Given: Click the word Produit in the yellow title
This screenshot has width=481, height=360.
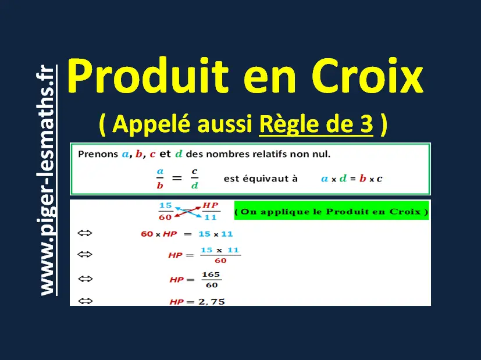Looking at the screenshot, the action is tap(148, 76).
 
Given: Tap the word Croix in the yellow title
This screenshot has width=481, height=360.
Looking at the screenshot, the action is tap(368, 76).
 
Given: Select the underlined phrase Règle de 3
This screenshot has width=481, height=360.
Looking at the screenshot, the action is tap(316, 124).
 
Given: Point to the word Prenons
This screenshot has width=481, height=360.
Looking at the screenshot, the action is tap(98, 154).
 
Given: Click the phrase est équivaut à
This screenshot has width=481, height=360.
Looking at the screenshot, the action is tap(261, 179).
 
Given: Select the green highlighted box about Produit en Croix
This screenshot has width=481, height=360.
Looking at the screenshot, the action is tap(332, 211).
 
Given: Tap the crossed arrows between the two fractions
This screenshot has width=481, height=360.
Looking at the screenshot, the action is tap(188, 212).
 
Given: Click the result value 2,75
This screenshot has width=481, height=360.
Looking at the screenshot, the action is tap(212, 302).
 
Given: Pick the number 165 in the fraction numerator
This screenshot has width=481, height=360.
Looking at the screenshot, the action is tap(211, 275).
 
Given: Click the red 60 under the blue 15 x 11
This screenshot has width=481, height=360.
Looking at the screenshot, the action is tap(220, 261).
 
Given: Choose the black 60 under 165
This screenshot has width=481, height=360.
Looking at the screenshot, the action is tap(212, 285).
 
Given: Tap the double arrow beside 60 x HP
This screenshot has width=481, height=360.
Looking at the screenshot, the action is tap(85, 233).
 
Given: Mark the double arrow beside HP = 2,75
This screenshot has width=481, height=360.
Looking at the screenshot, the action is tap(85, 301).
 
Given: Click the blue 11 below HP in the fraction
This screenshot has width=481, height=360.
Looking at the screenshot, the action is tap(211, 218).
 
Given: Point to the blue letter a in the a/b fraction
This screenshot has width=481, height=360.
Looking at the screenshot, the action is tap(160, 172).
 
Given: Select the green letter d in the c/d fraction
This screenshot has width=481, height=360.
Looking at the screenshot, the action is tap(194, 186).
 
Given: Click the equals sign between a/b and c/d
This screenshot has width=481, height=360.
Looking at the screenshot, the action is tap(177, 178).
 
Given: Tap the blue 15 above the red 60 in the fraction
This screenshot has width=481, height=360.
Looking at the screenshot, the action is tap(166, 205).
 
